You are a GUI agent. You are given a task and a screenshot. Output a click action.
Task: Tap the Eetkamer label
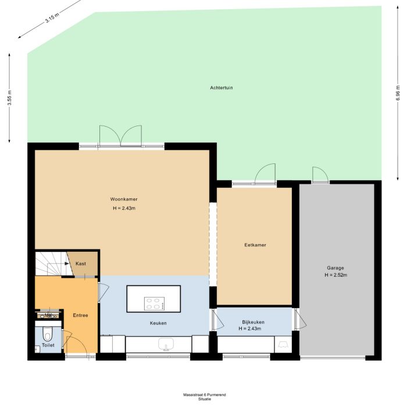[x=255, y=245]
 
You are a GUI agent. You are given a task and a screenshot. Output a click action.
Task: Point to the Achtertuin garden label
[x=222, y=88]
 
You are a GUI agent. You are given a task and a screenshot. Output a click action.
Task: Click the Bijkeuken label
[x=254, y=322]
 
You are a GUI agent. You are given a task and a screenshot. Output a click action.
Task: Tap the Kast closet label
[x=81, y=263]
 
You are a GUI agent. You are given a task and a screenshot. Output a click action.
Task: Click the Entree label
[x=80, y=315]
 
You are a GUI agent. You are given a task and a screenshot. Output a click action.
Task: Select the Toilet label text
[x=48, y=345]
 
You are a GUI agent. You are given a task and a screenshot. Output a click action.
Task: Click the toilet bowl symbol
[x=48, y=334]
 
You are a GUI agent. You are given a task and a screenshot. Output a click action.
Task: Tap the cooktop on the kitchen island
[x=154, y=303]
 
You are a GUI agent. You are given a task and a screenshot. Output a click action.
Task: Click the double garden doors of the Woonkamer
[x=120, y=136]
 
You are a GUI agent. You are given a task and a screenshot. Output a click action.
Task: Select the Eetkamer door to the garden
[x=266, y=174]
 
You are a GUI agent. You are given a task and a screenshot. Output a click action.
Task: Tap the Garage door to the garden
[x=320, y=174]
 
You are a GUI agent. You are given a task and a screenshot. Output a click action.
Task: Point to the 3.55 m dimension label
[x=9, y=97]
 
